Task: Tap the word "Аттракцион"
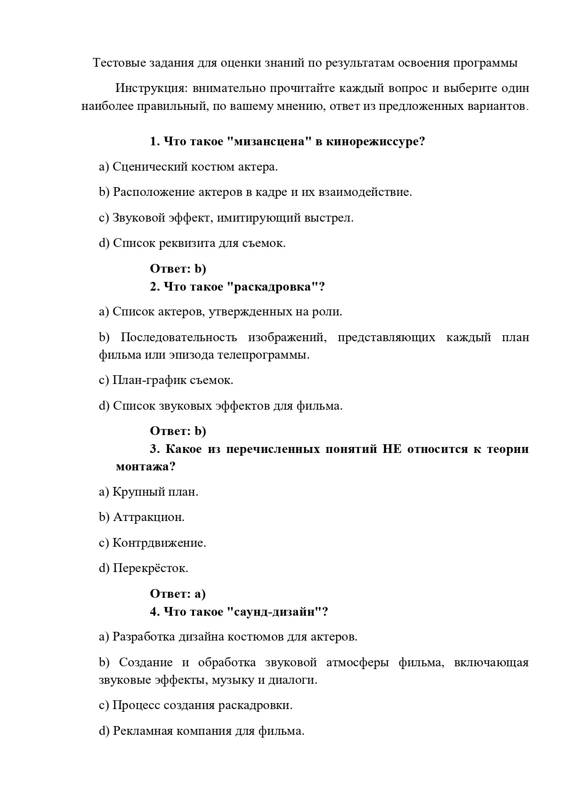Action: [x=148, y=517]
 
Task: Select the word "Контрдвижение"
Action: [x=159, y=543]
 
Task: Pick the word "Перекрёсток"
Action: [x=150, y=568]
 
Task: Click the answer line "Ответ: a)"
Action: [x=178, y=594]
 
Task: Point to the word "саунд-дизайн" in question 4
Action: [x=275, y=612]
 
